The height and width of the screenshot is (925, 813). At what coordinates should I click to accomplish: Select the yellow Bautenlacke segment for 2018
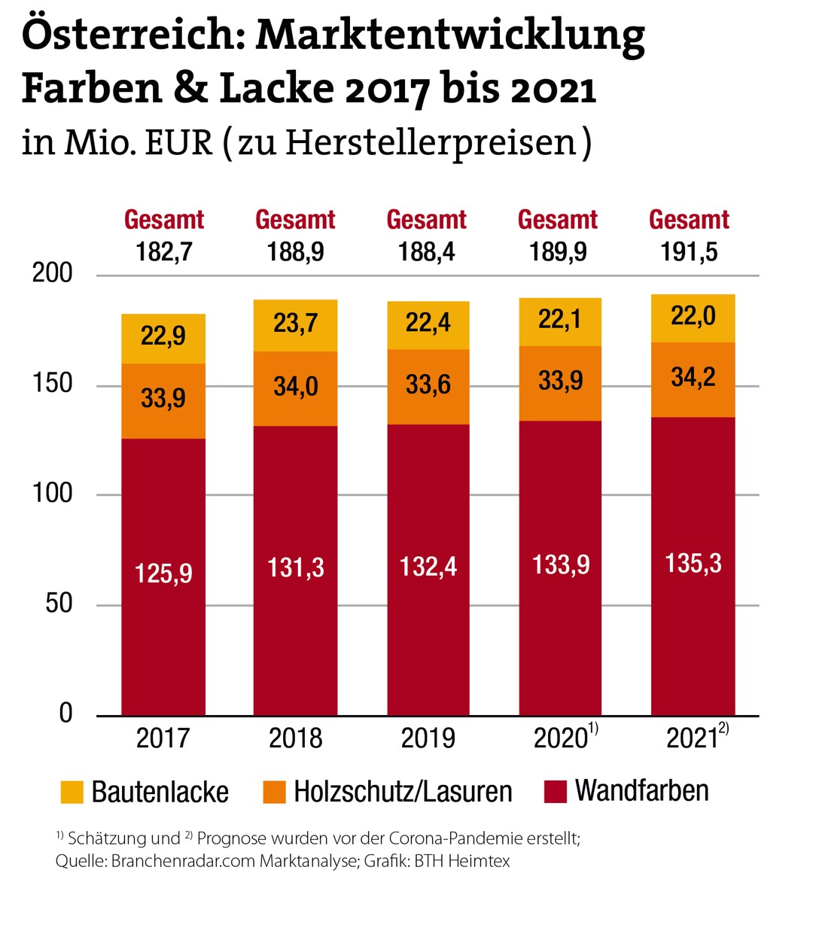click(295, 325)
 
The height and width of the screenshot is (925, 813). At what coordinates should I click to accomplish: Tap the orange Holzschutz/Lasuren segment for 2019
click(428, 386)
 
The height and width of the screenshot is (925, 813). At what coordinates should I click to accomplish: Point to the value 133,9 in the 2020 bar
click(560, 564)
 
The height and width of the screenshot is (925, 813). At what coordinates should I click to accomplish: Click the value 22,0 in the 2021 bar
click(693, 316)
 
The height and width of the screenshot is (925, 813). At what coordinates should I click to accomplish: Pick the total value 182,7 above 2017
click(164, 251)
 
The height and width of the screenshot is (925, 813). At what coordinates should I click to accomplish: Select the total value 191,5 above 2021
click(689, 251)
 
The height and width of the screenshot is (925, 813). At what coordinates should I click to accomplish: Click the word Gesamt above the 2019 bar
click(427, 220)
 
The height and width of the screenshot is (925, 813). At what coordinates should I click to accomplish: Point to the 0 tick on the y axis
click(65, 713)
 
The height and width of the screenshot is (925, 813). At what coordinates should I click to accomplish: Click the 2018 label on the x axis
click(296, 738)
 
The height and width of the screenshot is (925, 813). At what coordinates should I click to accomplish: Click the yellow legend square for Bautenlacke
click(72, 792)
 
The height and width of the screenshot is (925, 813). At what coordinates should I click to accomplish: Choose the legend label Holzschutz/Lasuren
click(403, 792)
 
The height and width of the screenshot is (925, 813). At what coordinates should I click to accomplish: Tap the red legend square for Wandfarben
click(555, 792)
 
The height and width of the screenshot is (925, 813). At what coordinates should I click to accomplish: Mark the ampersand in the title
click(191, 89)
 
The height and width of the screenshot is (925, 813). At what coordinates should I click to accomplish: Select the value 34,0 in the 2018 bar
click(295, 387)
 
